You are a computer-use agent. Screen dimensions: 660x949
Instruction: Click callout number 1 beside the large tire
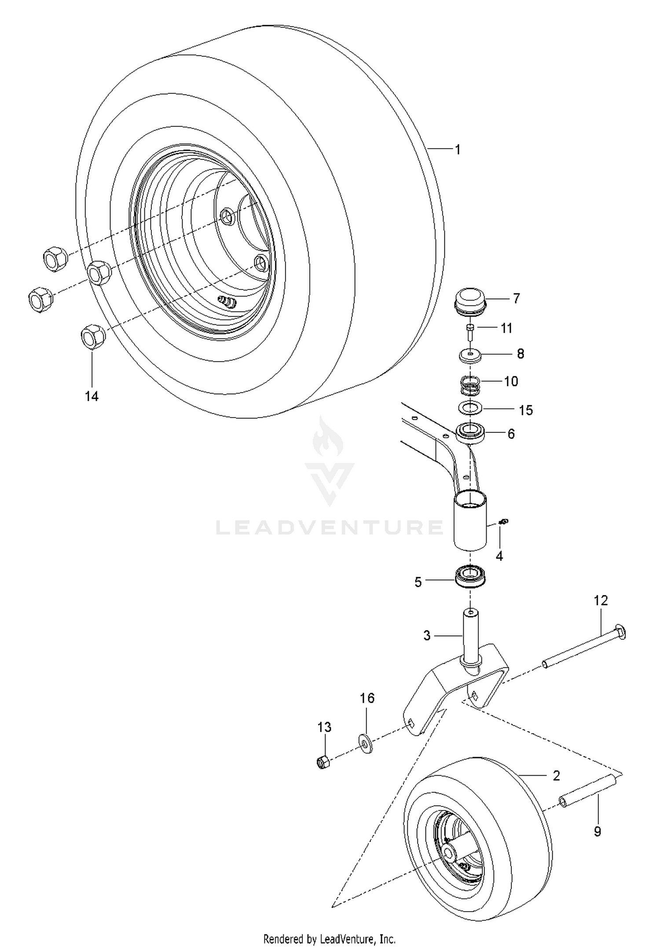(x=458, y=150)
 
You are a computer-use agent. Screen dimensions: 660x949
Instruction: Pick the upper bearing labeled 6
(x=470, y=432)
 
